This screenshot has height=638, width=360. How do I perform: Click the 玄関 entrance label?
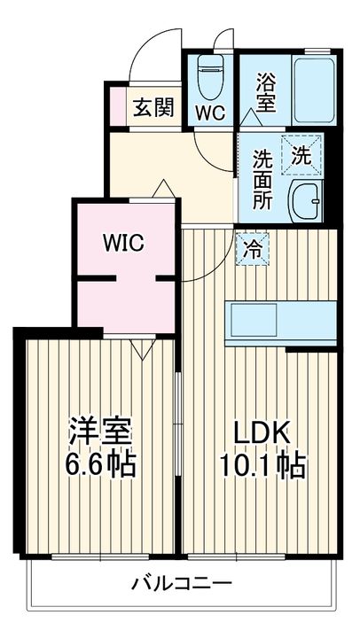(x=152, y=109)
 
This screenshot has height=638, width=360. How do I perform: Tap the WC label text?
(x=209, y=113)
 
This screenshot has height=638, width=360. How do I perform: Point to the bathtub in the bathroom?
(x=313, y=92)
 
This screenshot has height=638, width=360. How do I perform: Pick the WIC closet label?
(x=123, y=243)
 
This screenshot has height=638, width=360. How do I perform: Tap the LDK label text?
(x=262, y=432)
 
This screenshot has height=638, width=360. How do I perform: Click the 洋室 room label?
(x=102, y=432)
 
